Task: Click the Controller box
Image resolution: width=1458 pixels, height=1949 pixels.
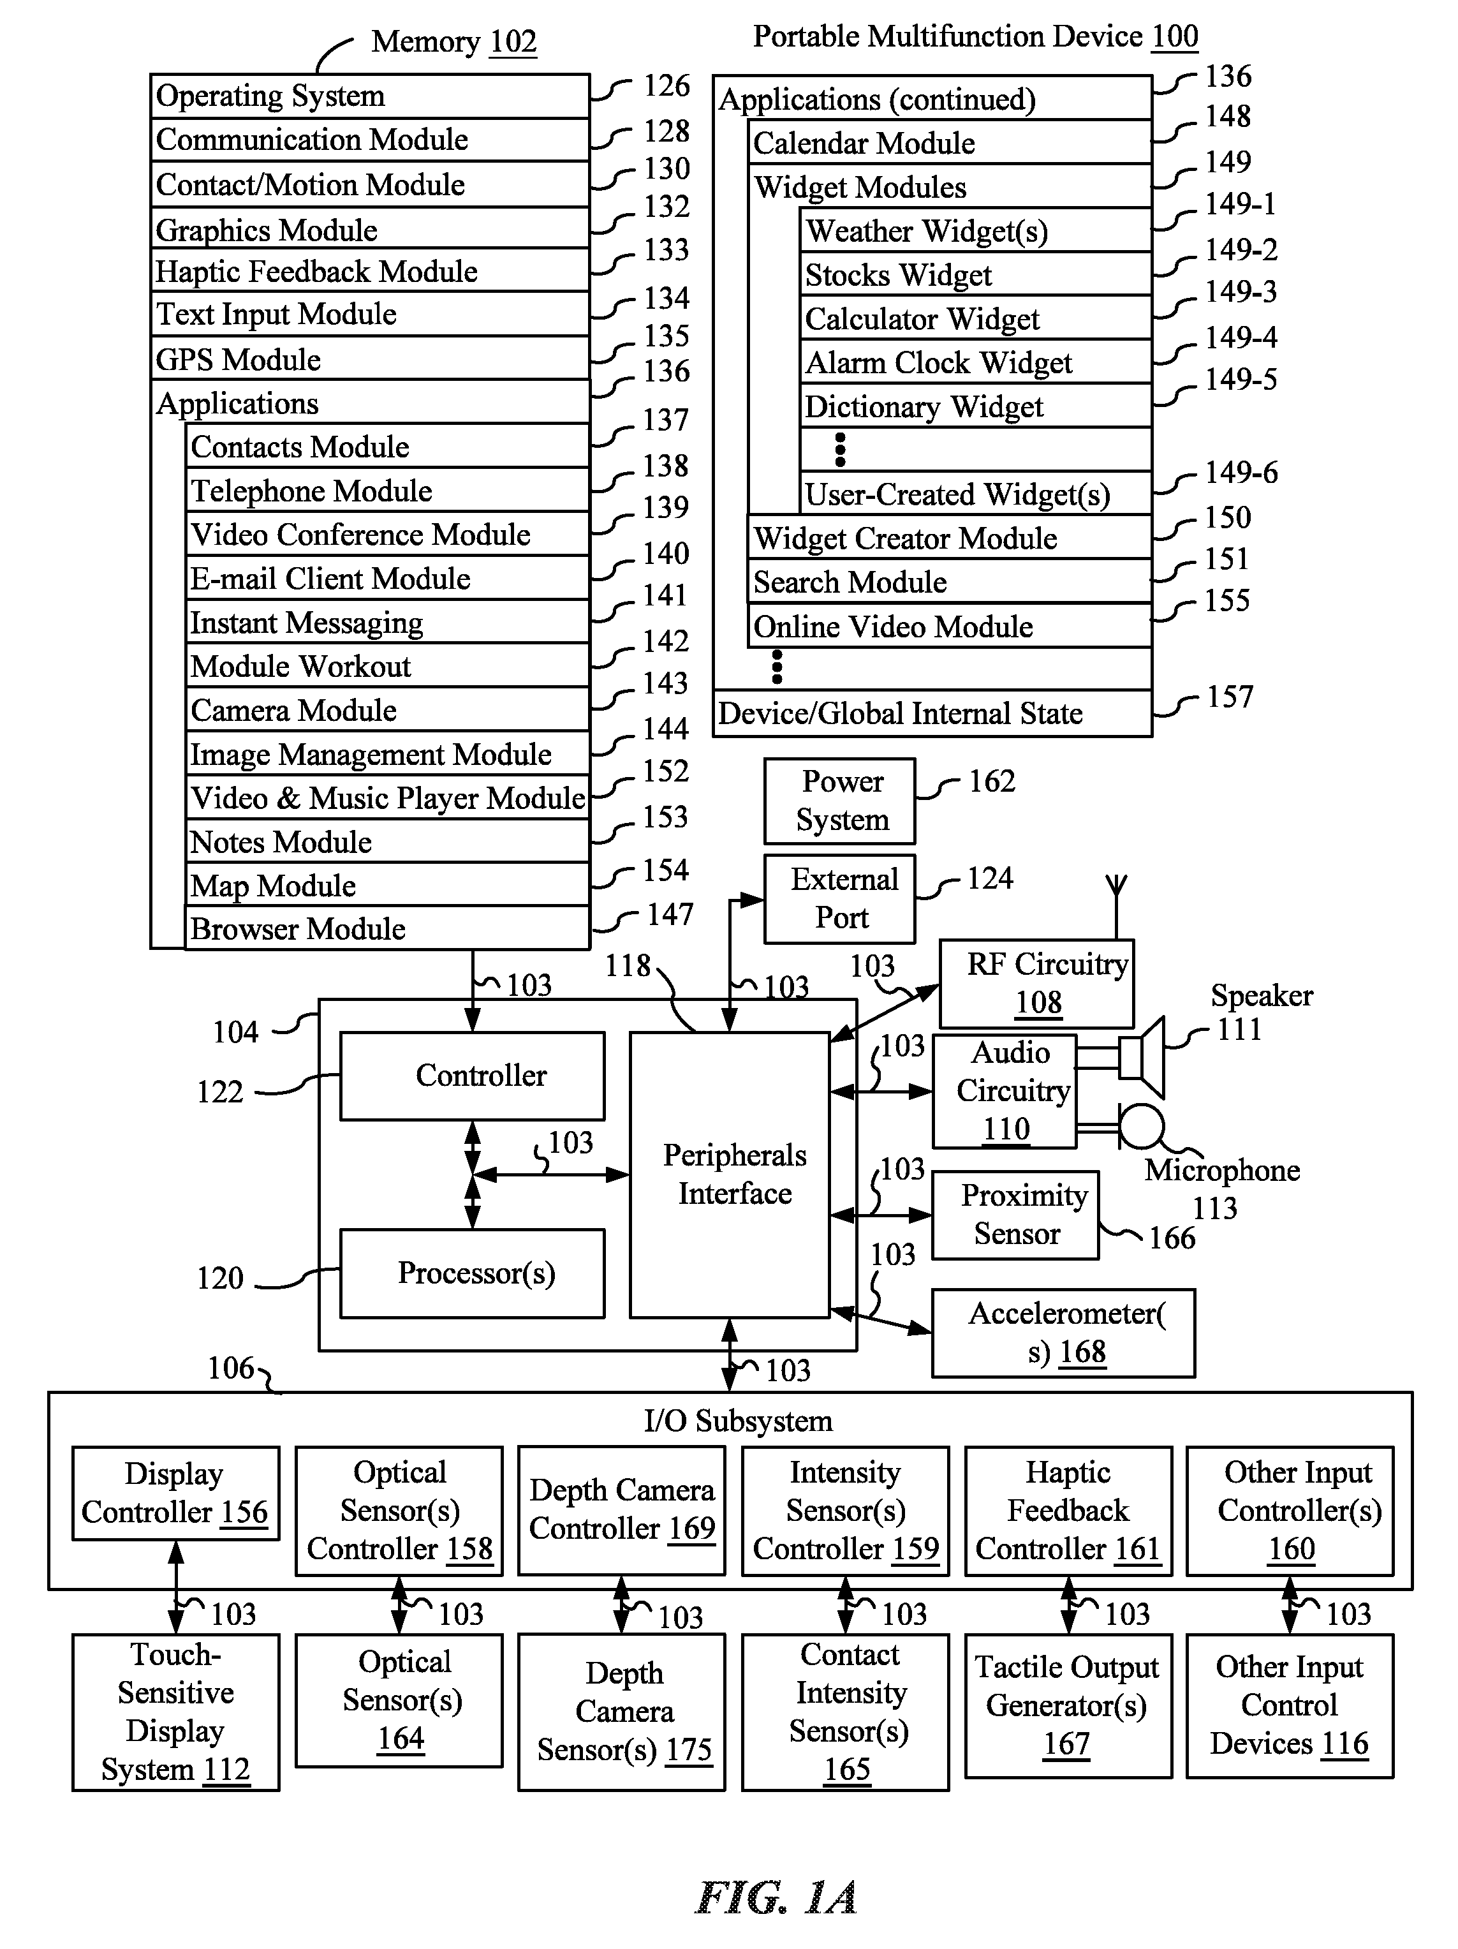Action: (472, 1076)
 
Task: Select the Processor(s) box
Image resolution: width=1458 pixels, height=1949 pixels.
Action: (472, 1273)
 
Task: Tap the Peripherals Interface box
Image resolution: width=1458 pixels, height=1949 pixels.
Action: (730, 1175)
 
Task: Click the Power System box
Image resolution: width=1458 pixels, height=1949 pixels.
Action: (839, 801)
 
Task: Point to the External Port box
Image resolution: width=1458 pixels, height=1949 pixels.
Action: (839, 899)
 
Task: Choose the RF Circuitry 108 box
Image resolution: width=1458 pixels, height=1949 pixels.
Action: (1037, 983)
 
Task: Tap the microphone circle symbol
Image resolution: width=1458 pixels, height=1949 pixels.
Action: (1142, 1127)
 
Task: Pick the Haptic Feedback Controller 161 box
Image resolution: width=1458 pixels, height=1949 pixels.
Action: (1068, 1510)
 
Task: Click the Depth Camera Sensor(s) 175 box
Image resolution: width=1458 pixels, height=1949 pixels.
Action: (622, 1712)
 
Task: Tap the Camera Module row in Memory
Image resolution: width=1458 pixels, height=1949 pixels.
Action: (388, 709)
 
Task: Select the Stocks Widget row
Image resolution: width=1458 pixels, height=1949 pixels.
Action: (976, 274)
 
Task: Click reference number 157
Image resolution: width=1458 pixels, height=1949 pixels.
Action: (1229, 697)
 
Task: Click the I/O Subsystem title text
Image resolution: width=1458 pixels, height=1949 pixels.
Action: (739, 1420)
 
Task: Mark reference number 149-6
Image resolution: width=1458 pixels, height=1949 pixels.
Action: (1241, 472)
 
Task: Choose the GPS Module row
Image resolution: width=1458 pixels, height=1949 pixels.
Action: (370, 359)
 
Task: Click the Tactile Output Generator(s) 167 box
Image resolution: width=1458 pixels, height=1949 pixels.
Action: (1068, 1704)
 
